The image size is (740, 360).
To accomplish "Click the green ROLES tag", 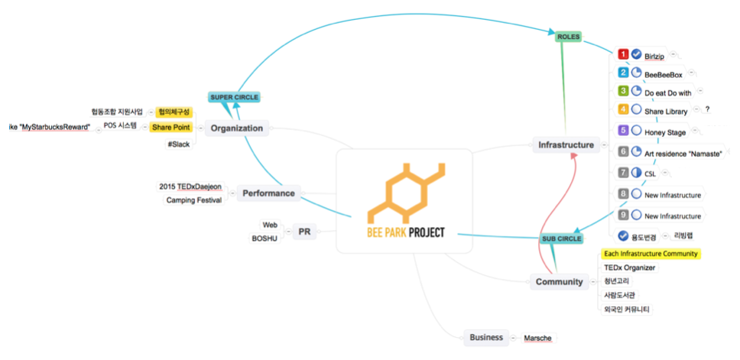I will coord(569,36).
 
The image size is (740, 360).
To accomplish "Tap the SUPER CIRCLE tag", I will coord(234,97).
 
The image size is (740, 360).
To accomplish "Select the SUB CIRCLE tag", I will coord(562,238).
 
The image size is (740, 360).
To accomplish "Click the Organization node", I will coord(237,128).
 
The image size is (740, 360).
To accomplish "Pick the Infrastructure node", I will coord(566,144).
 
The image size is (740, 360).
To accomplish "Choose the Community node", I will coord(559,282).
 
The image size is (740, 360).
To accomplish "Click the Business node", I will coord(486,337).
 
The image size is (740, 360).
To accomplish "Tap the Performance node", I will coord(268,193).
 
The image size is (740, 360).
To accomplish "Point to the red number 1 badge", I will coord(623,54).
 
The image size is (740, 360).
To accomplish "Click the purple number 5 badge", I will coord(623,130).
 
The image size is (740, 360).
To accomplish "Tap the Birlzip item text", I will coord(654,56).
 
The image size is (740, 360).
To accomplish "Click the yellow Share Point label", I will coord(171,127).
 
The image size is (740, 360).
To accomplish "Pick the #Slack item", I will coord(178,144).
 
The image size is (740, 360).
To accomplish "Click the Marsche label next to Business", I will coord(537,338).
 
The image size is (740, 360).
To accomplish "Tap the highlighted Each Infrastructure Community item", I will coord(651,254).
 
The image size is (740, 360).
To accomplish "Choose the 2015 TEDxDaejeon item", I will coord(190,186).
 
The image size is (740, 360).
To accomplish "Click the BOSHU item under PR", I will coord(264,238).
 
